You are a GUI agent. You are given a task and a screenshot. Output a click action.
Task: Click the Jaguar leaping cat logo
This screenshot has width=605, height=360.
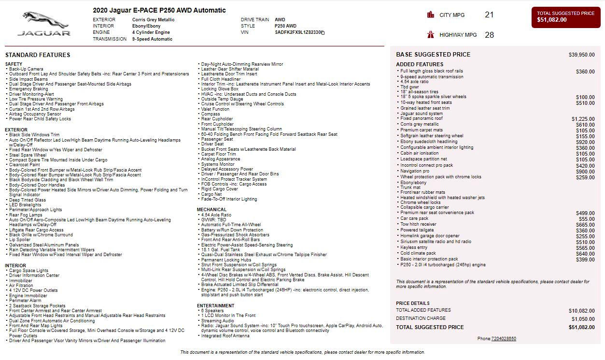click(44, 20)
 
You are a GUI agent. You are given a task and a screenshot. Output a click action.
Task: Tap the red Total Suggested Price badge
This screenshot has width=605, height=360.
click(565, 17)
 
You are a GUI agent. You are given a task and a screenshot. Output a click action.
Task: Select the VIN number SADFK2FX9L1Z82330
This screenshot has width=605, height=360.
click(298, 32)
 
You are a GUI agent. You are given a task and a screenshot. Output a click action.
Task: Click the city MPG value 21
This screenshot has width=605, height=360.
click(489, 15)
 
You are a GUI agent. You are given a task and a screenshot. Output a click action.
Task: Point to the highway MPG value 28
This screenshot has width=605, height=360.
click(489, 35)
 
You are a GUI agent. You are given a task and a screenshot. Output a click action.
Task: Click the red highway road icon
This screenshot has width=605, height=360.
click(431, 35)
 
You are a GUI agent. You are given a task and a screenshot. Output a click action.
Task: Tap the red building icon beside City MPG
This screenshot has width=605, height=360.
click(431, 15)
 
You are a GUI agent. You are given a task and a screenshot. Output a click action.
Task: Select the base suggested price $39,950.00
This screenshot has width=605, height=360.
click(581, 55)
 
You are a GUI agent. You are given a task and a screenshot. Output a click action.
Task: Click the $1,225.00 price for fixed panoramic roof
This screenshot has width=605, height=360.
click(583, 119)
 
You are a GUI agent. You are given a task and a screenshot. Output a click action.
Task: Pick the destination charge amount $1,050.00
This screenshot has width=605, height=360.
click(583, 319)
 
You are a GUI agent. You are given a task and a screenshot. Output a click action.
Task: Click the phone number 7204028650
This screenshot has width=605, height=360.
click(504, 339)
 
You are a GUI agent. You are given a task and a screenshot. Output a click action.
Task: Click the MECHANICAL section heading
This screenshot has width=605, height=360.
click(211, 210)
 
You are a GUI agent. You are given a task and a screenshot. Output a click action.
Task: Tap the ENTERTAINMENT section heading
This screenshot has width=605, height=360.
click(215, 306)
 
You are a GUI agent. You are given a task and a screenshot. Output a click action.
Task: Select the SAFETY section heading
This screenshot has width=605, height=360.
click(14, 64)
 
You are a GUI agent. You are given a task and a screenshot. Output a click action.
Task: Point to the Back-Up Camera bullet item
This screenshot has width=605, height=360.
click(26, 69)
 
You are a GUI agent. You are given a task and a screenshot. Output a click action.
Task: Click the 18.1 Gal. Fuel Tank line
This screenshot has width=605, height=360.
click(220, 250)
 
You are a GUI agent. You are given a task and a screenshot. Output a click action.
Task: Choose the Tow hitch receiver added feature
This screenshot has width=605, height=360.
click(418, 224)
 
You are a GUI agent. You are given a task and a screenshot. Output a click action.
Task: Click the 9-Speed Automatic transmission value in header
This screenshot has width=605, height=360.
click(152, 39)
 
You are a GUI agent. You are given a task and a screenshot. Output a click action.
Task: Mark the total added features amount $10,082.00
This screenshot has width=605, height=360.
click(581, 311)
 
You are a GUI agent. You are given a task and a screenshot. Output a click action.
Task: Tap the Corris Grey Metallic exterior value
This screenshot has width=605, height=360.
click(154, 20)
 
